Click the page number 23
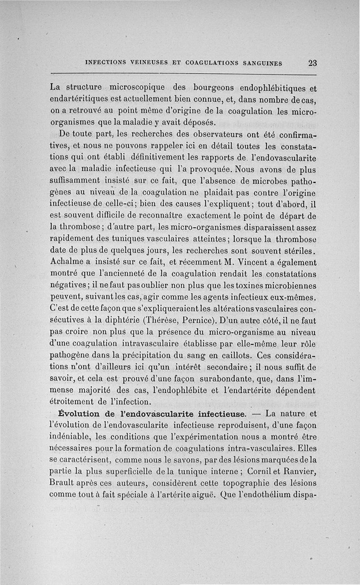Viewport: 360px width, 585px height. (312, 63)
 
